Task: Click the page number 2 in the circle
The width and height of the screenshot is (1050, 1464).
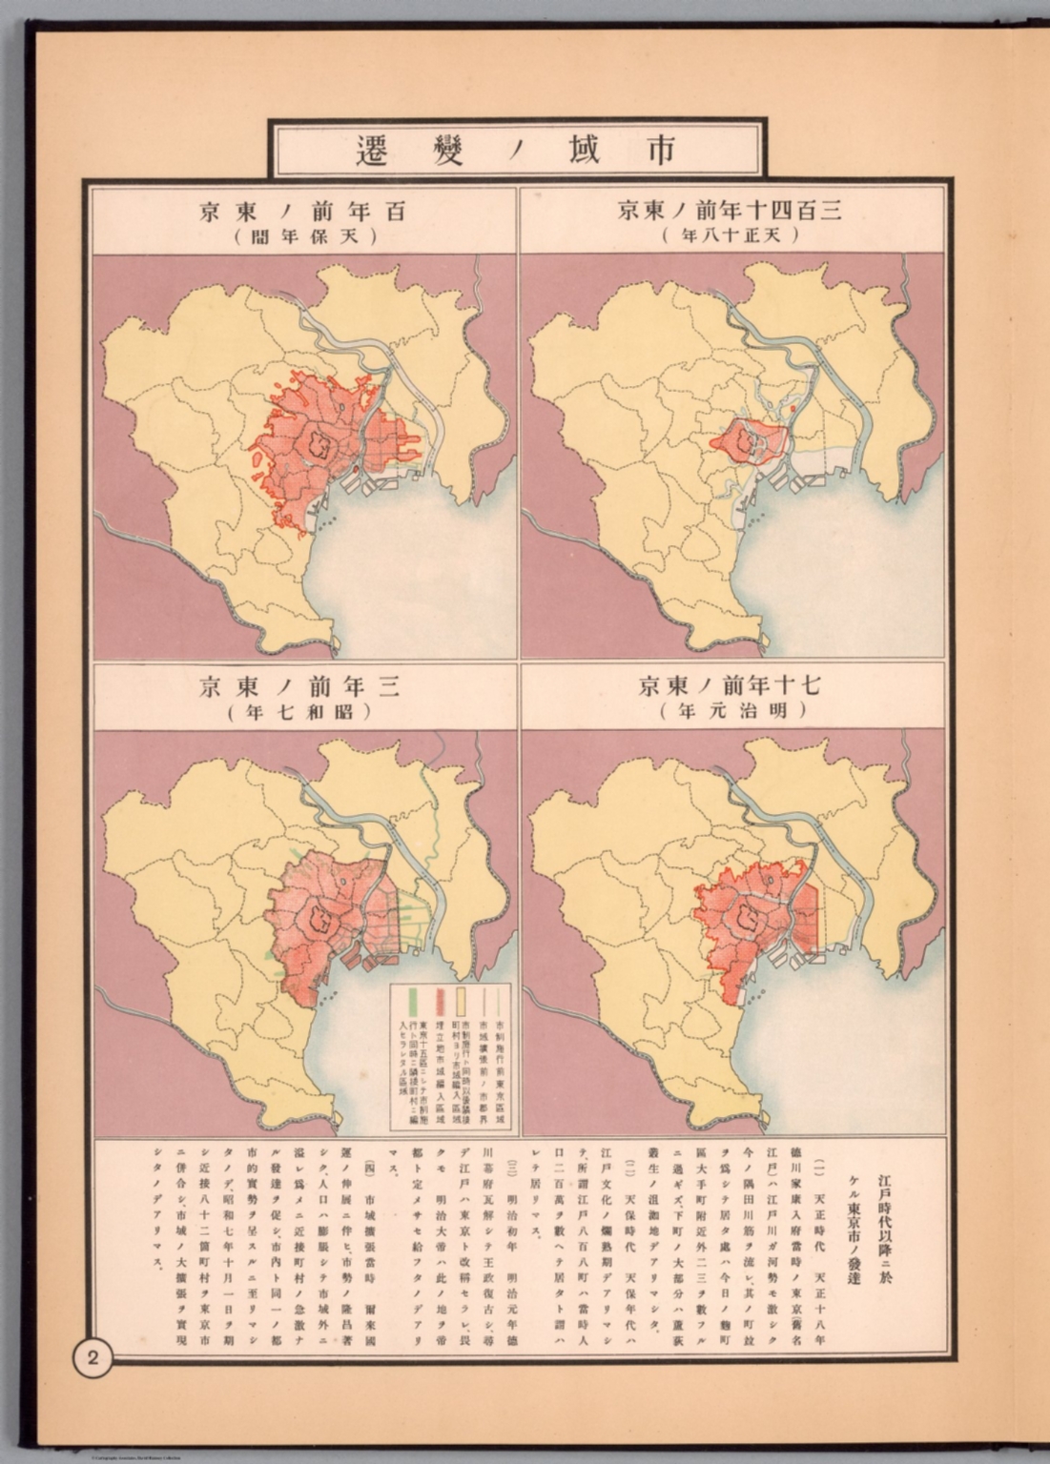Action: coord(93,1358)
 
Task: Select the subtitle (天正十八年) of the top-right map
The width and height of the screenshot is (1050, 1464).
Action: coord(732,235)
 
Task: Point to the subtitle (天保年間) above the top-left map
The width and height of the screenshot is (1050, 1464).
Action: coord(303,235)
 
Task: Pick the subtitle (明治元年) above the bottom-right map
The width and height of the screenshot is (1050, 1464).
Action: coord(732,711)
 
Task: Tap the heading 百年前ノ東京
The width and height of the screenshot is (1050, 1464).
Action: coord(303,210)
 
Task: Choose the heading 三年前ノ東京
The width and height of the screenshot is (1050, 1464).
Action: coord(303,685)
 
